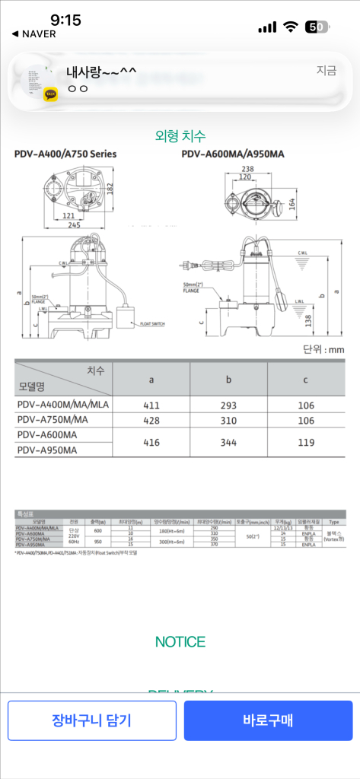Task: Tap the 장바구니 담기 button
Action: point(91,720)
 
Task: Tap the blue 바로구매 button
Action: point(268,720)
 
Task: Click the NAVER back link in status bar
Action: point(34,34)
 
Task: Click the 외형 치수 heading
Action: point(180,136)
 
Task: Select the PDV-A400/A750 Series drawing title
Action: point(65,154)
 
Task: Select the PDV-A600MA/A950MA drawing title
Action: point(233,154)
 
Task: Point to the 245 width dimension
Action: point(73,225)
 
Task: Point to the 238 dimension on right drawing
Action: point(247,169)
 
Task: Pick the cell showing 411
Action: point(151,405)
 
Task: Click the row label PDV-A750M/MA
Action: point(53,420)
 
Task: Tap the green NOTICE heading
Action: point(180,641)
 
